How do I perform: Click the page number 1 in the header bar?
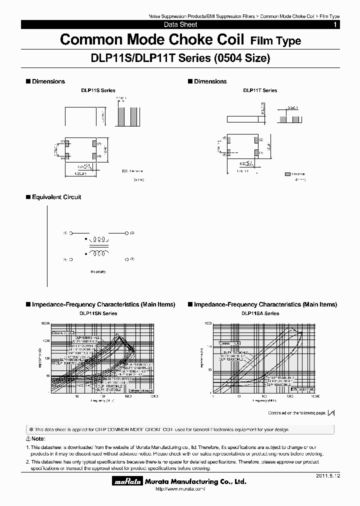334,24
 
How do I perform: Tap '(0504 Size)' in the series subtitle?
242,58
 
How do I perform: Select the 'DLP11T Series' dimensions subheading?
260,90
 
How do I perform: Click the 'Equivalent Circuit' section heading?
56,197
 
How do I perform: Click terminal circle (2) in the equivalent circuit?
124,233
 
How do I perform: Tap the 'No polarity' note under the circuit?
98,272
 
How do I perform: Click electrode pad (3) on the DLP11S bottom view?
94,156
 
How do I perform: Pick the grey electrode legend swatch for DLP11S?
124,171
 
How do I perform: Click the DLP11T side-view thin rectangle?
243,119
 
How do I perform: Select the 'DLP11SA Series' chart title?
260,313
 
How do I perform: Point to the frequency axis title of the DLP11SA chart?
263,400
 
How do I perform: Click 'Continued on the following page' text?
297,413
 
